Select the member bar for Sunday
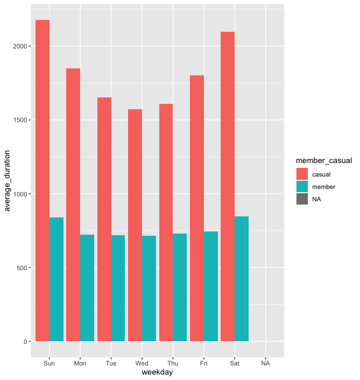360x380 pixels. point(57,279)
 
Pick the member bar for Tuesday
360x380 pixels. point(118,288)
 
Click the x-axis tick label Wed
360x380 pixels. point(142,363)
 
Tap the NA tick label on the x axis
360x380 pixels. point(265,363)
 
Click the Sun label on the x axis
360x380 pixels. point(50,363)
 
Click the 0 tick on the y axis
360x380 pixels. point(25,341)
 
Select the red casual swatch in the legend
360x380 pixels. point(302,174)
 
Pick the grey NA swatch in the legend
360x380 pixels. point(302,199)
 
